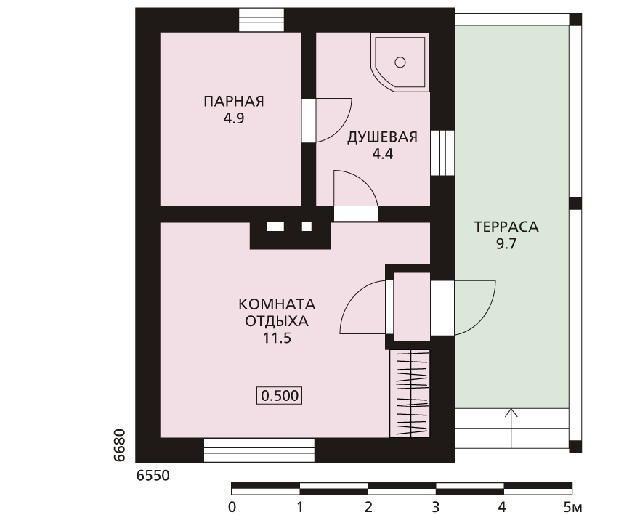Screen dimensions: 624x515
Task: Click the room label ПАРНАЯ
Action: [234, 102]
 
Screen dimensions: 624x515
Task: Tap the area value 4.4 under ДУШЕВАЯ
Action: [382, 154]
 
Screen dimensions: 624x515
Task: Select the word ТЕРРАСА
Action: [506, 227]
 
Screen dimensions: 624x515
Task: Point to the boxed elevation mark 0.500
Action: [280, 396]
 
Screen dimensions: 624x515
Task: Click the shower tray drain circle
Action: [400, 62]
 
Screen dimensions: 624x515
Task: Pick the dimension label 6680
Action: [119, 445]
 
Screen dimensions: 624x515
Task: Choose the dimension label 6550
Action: [153, 476]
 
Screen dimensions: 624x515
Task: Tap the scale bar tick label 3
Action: [436, 508]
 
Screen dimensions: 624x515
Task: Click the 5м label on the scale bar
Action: [572, 508]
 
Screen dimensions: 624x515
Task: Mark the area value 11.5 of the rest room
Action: [277, 338]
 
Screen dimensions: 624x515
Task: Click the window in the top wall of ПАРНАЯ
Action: [262, 20]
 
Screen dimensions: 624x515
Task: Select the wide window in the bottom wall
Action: [259, 450]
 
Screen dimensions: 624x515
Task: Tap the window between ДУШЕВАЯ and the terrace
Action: [442, 153]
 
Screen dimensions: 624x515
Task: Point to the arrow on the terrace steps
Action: [511, 429]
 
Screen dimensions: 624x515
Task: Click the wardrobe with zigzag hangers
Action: [410, 394]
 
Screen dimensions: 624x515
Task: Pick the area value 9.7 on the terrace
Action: [506, 244]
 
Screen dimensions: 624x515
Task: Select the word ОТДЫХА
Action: [277, 321]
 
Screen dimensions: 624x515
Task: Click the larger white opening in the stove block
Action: [275, 227]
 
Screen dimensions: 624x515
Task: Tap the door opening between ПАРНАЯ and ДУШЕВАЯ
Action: [309, 120]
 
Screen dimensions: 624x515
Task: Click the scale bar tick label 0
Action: [232, 508]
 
